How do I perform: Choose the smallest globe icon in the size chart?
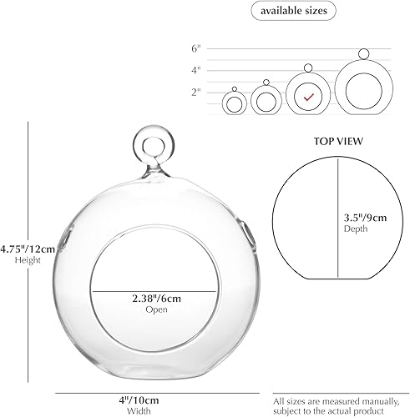(235, 103)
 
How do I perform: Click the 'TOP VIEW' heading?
(338, 143)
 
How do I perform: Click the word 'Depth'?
(355, 228)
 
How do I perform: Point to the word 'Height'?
(23, 260)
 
